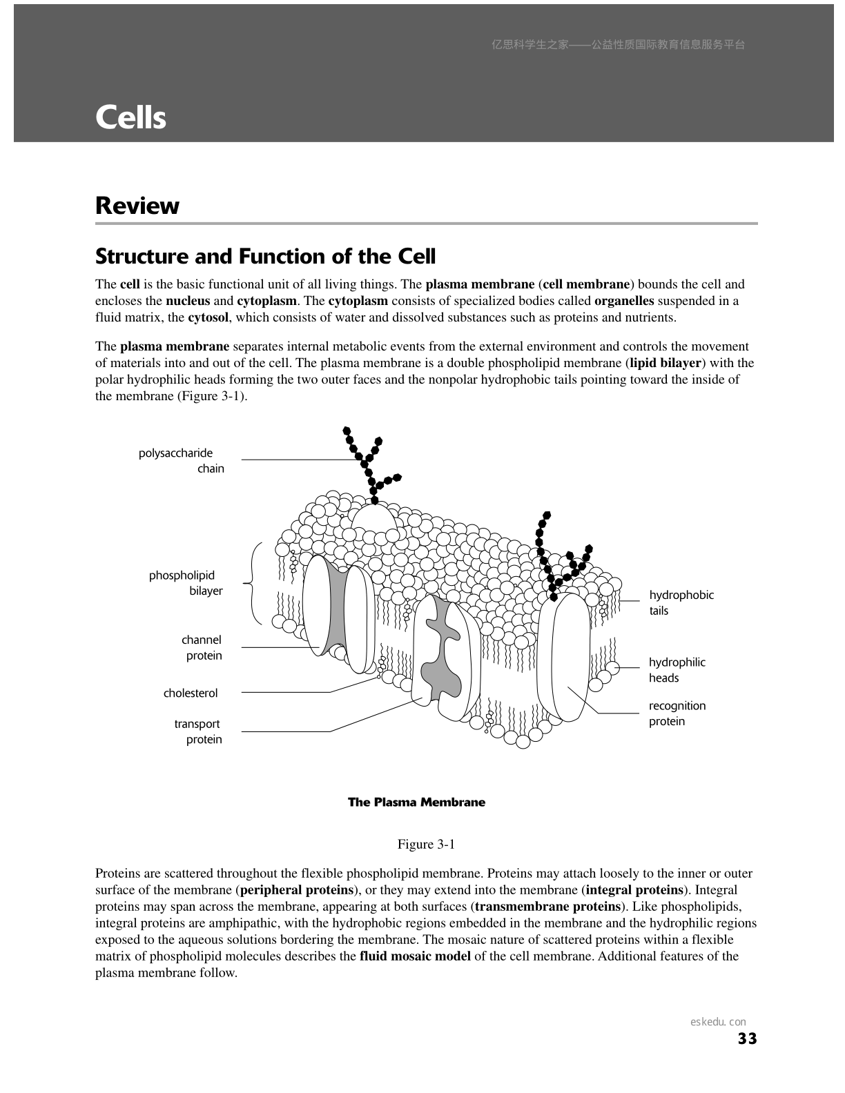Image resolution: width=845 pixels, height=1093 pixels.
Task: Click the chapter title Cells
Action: [130, 117]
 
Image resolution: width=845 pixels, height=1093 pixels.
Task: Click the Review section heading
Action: [137, 206]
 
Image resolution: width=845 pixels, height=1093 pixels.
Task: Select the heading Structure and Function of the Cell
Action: [265, 257]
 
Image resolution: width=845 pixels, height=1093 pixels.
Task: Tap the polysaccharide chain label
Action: [182, 461]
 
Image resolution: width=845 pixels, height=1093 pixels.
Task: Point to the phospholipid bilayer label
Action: [186, 583]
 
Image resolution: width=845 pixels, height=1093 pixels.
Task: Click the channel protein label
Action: [202, 648]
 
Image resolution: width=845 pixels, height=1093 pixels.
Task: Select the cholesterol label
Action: [191, 693]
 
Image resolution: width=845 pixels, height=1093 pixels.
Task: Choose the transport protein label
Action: [198, 731]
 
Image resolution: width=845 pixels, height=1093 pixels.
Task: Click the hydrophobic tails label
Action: [681, 602]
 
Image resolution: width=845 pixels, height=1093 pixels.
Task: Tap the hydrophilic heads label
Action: [677, 670]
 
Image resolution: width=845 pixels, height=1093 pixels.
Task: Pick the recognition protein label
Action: [677, 713]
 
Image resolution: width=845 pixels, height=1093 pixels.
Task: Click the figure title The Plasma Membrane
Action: [416, 802]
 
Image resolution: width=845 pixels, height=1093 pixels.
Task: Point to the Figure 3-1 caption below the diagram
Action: [425, 845]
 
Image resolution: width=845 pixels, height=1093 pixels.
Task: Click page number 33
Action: [747, 1038]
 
